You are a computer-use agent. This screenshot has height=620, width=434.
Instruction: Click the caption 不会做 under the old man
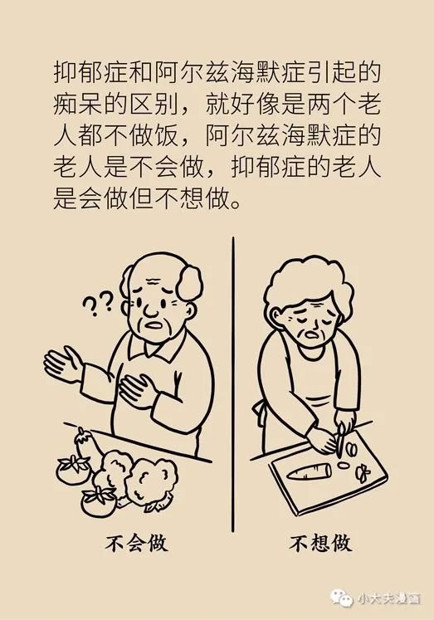click(137, 544)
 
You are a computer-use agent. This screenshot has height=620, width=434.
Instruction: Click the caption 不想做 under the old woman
click(320, 544)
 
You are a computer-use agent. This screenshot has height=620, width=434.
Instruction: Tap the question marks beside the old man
click(98, 304)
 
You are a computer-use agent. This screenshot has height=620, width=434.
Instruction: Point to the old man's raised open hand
click(62, 363)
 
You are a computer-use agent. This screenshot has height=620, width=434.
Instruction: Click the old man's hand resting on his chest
click(135, 389)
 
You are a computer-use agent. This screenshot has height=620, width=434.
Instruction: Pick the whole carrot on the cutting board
click(310, 471)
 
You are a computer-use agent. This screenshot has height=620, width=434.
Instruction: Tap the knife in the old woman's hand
click(341, 439)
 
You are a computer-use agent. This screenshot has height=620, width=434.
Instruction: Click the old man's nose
click(151, 310)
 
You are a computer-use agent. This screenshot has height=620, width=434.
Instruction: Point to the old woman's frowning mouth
click(310, 335)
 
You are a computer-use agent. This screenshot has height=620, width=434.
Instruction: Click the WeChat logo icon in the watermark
click(342, 597)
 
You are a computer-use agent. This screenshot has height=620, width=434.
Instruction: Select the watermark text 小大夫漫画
click(388, 598)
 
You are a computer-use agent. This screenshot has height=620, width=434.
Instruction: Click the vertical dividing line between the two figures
click(233, 384)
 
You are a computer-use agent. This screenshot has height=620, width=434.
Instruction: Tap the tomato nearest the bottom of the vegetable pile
click(98, 501)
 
